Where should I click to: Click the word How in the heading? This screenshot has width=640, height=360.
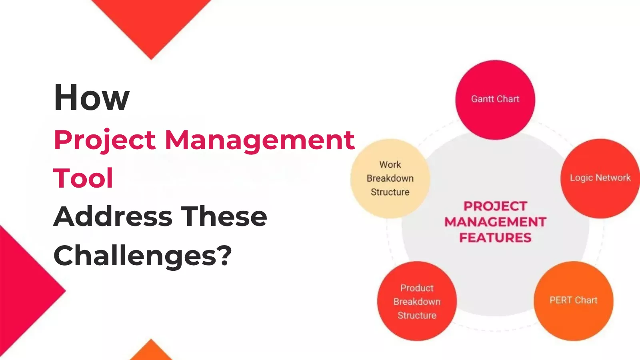[92, 98]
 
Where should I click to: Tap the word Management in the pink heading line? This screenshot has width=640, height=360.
[260, 140]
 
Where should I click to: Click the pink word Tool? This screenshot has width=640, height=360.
[83, 178]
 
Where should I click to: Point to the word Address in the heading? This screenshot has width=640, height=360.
[113, 216]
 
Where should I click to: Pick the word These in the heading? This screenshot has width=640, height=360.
[224, 216]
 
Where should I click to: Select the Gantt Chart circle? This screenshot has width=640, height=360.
[495, 100]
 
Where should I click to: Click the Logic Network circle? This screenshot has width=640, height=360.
[600, 178]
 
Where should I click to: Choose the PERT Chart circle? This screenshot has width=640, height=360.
[573, 300]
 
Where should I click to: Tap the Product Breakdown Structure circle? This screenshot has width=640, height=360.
[417, 301]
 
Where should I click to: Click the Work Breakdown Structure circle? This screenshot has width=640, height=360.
[390, 178]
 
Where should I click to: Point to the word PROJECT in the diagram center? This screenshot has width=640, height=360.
[495, 206]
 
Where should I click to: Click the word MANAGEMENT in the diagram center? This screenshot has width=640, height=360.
[495, 222]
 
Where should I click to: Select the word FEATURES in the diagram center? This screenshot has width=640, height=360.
[495, 238]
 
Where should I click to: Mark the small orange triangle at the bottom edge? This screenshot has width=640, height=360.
[151, 352]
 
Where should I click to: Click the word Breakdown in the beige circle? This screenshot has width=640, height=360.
[390, 178]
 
